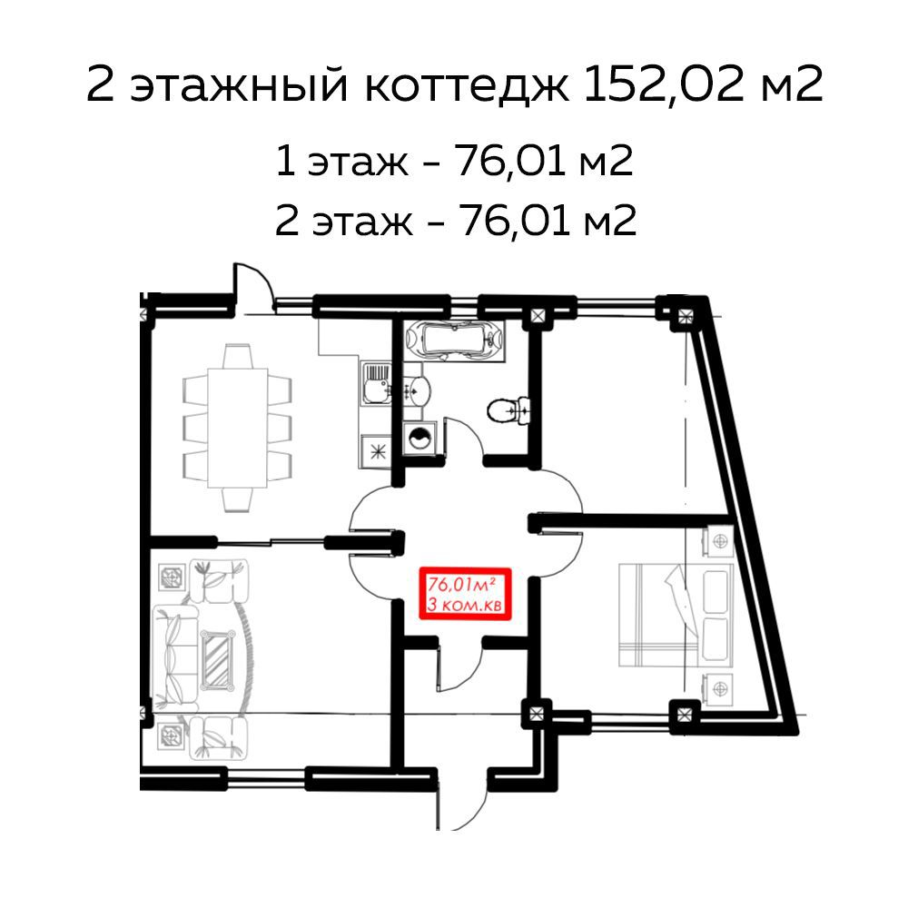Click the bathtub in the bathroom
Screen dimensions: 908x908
[x=457, y=340]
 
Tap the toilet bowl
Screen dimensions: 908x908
[x=504, y=410]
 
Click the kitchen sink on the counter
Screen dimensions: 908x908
[x=374, y=389]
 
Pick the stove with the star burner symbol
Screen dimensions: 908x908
[x=375, y=449]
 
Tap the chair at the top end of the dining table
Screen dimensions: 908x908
[x=239, y=355]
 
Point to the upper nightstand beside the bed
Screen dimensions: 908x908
[x=720, y=541]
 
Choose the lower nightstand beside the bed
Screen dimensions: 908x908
[x=719, y=686]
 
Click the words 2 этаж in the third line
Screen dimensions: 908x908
[x=335, y=221]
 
